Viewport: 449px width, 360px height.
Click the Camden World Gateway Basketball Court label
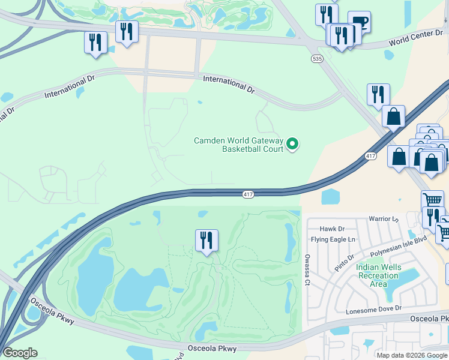point(238,145)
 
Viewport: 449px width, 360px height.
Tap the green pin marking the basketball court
point(292,143)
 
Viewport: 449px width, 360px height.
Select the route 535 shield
point(316,59)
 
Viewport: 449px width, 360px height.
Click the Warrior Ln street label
point(384,220)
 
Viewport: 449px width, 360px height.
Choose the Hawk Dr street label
point(332,229)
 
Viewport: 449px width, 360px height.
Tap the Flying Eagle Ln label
point(333,239)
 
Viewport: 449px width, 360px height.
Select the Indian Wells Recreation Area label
point(377,275)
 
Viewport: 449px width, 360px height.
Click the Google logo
point(20,353)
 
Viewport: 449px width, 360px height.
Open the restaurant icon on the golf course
point(206,240)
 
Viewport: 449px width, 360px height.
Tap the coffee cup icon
point(360,22)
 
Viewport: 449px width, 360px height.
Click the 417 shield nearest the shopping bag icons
point(370,156)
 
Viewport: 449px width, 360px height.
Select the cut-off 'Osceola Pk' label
point(430,318)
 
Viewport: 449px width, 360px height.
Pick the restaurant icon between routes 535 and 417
point(378,94)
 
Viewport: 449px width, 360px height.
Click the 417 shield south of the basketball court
point(249,194)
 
